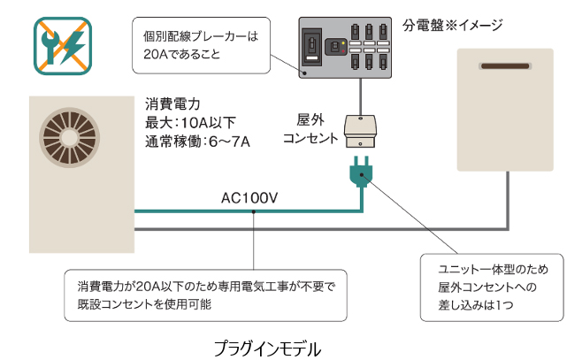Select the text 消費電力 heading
pyautogui.click(x=170, y=104)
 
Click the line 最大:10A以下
pyautogui.click(x=189, y=122)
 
